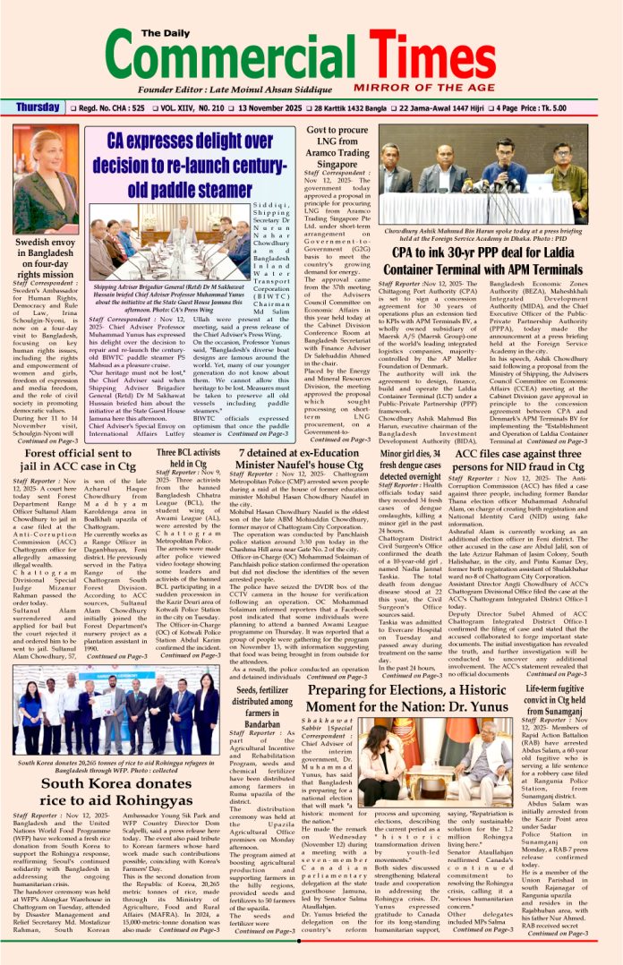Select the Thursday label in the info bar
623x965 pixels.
point(38,107)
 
